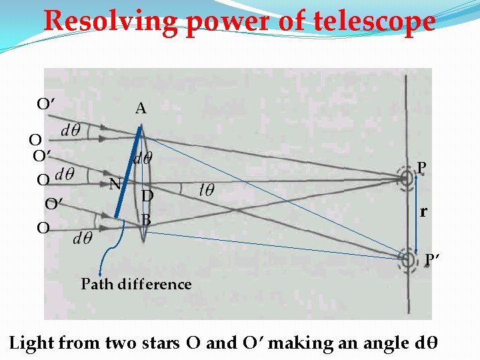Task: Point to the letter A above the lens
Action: (x=141, y=108)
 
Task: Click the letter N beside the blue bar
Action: (x=115, y=184)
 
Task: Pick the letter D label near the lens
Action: (x=147, y=196)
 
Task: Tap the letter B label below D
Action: (x=147, y=219)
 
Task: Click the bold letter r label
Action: (x=423, y=213)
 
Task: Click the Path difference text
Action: (x=136, y=285)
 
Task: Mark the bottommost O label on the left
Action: (x=43, y=229)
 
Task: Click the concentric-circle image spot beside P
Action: (x=405, y=178)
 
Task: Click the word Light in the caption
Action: (x=31, y=343)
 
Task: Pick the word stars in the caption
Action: (x=159, y=344)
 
